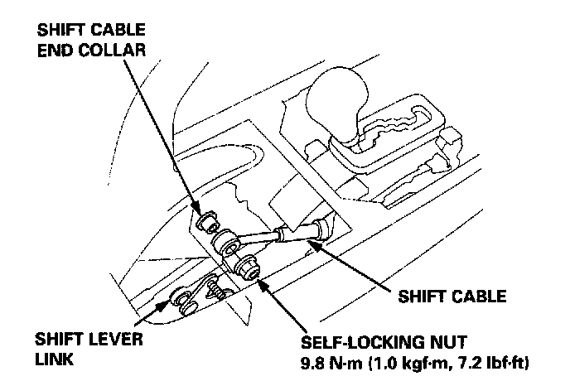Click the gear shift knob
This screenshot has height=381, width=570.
point(341,97)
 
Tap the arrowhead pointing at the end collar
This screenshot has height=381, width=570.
point(198,210)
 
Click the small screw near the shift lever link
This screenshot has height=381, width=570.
point(218,289)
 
